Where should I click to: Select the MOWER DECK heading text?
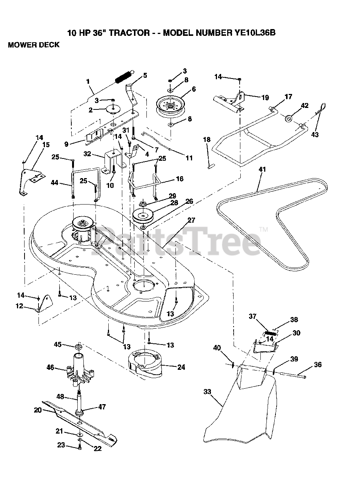[34, 45]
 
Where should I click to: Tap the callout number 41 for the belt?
[262, 169]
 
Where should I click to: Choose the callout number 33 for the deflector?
[207, 392]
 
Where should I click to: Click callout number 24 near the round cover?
[181, 367]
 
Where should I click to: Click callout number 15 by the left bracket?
[46, 145]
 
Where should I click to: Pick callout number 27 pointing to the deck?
[191, 220]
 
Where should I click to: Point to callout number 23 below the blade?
[61, 445]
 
